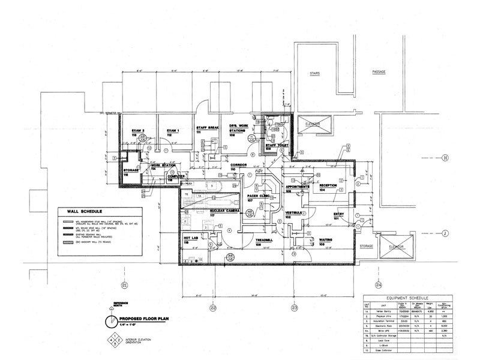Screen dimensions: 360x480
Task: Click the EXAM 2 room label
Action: point(139,131)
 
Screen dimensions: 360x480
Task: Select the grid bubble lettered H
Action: point(445,158)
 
